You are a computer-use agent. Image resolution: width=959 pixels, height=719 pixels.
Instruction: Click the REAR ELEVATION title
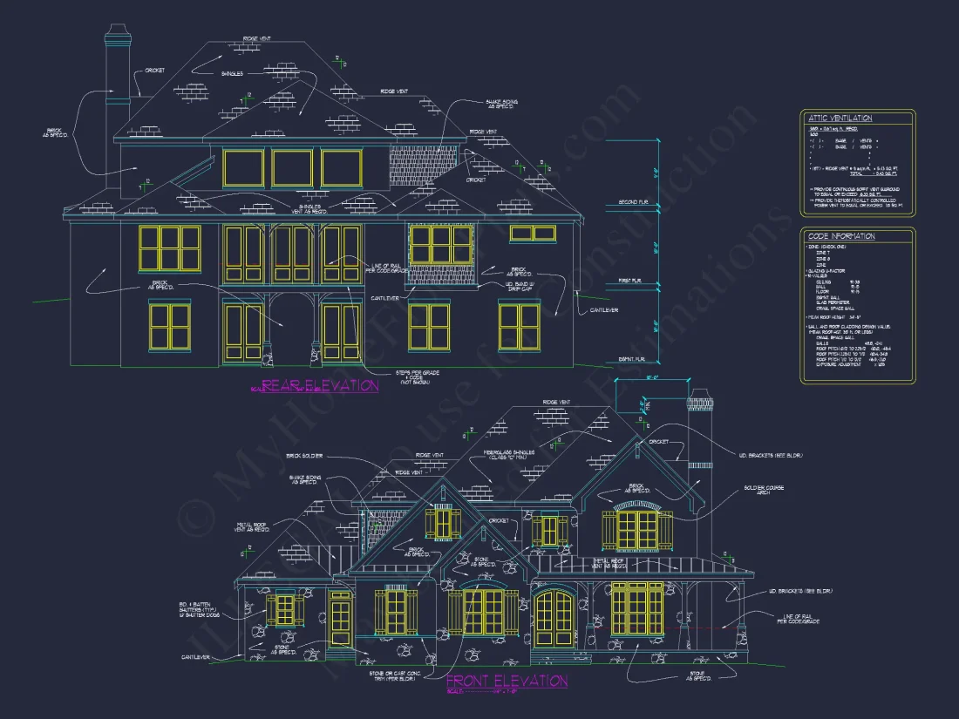320,385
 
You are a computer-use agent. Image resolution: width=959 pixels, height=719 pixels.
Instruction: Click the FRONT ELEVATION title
507,681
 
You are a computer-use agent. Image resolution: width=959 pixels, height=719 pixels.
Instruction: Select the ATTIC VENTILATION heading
840,119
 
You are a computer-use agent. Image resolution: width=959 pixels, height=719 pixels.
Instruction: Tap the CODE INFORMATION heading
841,236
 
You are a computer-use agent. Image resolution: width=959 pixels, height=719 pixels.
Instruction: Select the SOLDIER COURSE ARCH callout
763,491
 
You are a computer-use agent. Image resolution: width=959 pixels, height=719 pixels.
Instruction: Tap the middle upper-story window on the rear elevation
292,167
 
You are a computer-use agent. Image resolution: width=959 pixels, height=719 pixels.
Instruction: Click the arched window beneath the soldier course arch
636,530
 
